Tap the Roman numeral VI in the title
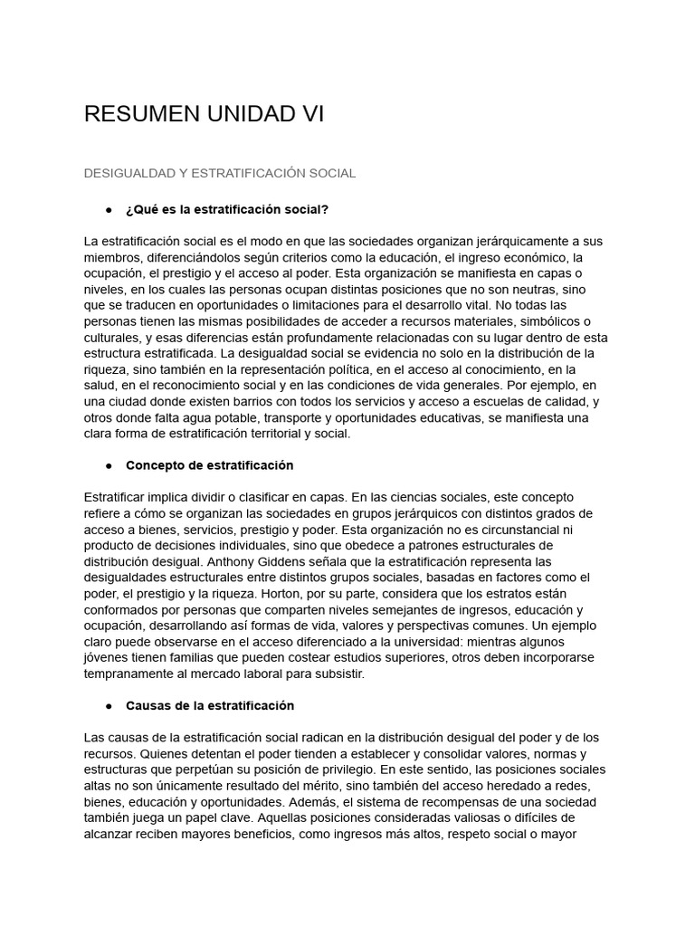pyautogui.click(x=310, y=114)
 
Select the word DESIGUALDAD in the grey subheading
pyautogui.click(x=128, y=173)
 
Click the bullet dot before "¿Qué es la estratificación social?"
pyautogui.click(x=109, y=210)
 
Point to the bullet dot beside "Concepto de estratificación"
pyautogui.click(x=109, y=465)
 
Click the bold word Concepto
pyautogui.click(x=154, y=465)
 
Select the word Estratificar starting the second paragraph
pyautogui.click(x=118, y=497)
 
